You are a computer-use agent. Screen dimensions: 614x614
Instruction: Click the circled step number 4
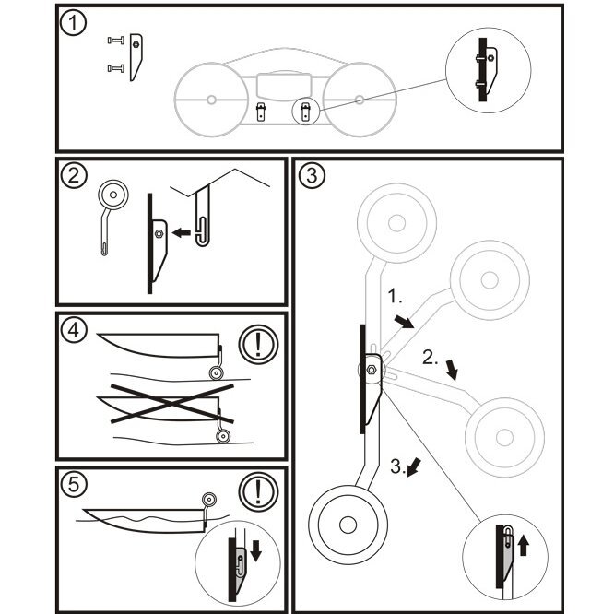tap(73, 329)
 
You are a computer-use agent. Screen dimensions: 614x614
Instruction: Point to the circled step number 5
tap(73, 483)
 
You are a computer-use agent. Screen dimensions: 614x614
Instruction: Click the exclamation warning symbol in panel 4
tap(256, 346)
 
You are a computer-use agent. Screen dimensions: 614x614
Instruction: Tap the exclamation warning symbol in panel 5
tap(256, 490)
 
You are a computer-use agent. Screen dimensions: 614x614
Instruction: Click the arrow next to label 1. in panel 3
tap(402, 319)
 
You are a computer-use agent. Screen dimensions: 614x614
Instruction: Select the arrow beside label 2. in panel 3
tap(451, 371)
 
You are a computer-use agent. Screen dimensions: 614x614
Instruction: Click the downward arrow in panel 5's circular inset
tap(255, 549)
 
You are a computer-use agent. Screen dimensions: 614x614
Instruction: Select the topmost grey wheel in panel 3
tap(396, 222)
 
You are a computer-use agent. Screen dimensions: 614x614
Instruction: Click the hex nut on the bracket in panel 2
tap(159, 234)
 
